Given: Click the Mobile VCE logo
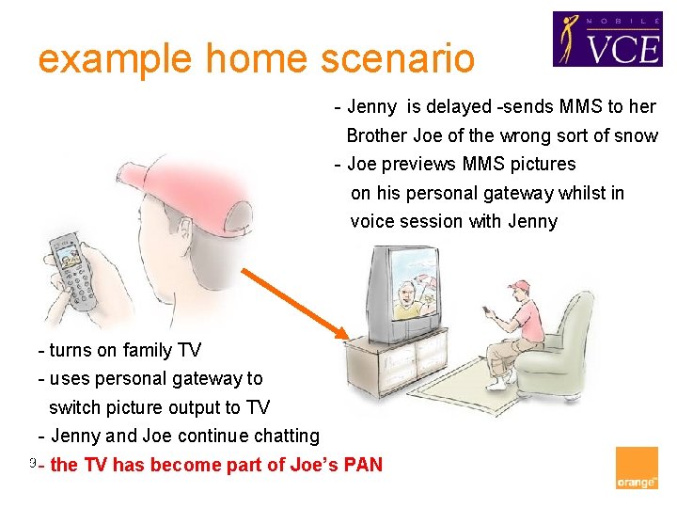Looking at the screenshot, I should pos(606,39).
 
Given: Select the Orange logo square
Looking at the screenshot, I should pos(637,468).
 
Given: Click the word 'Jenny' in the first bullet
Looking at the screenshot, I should pos(372,106).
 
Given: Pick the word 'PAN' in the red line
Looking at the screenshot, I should pos(361,465).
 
